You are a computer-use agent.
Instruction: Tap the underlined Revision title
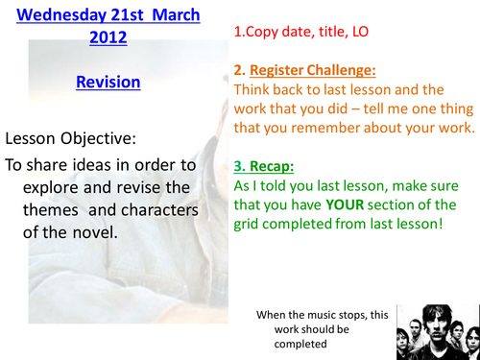108,83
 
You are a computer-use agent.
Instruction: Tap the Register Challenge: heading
317,70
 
